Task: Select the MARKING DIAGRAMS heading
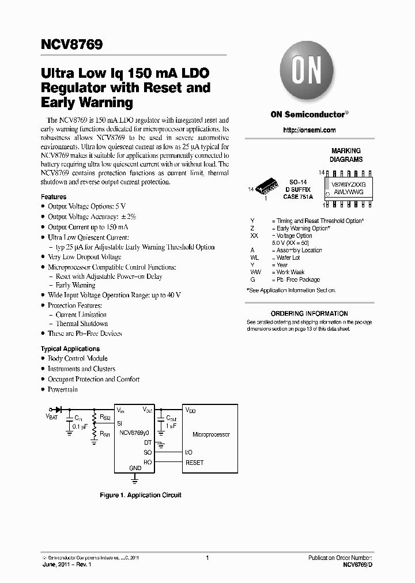pyautogui.click(x=346, y=155)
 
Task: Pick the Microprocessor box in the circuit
pyautogui.click(x=211, y=434)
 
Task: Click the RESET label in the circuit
pyautogui.click(x=195, y=463)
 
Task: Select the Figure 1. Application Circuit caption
pyautogui.click(x=141, y=495)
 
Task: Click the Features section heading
pyautogui.click(x=54, y=197)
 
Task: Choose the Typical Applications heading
pyautogui.click(x=70, y=349)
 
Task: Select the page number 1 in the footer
pyautogui.click(x=207, y=558)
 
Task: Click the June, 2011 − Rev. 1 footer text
pyautogui.click(x=67, y=565)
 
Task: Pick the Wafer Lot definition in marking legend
pyautogui.click(x=288, y=258)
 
